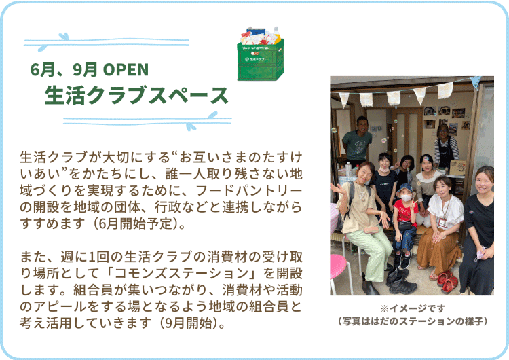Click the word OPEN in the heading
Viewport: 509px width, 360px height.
[126, 69]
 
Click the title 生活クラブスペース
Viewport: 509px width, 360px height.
[136, 95]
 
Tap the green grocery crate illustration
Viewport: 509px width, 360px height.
[261, 54]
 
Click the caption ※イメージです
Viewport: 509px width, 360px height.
[413, 308]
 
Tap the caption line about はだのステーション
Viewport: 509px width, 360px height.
[412, 321]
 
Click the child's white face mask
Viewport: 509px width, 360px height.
[406, 198]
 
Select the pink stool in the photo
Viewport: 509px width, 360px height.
[340, 274]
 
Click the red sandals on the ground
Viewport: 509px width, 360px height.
[447, 281]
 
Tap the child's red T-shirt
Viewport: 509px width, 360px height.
[405, 213]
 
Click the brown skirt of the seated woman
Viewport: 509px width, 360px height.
[438, 249]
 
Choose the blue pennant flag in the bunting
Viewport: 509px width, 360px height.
[476, 82]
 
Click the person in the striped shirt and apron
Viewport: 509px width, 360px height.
[446, 146]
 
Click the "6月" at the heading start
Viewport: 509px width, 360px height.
[42, 69]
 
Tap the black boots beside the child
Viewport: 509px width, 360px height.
[401, 281]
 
